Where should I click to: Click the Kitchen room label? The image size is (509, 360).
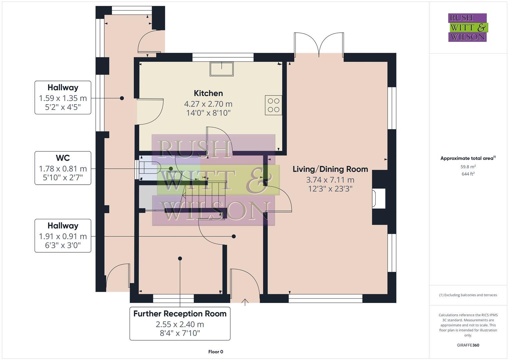point(208,93)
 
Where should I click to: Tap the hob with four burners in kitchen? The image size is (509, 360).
point(273,105)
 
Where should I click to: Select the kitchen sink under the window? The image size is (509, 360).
point(222,69)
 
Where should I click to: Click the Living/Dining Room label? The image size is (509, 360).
point(330,169)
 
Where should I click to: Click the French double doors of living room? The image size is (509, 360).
point(319,45)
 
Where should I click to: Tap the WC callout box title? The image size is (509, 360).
point(63,158)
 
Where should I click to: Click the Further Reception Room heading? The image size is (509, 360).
point(180,314)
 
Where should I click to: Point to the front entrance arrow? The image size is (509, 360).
point(245,302)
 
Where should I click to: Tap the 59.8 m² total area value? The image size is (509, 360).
point(468,167)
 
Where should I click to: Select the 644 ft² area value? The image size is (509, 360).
point(468,174)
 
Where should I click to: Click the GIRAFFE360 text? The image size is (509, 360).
point(468,345)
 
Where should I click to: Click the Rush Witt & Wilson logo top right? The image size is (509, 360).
point(468,27)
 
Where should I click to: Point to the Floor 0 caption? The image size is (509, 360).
point(216,352)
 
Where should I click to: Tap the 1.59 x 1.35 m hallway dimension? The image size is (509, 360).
point(63,98)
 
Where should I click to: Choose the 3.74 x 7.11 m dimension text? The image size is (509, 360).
point(330,180)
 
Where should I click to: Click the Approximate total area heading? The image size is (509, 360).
point(468,158)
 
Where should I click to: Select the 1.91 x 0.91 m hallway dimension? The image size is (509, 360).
point(63,236)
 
